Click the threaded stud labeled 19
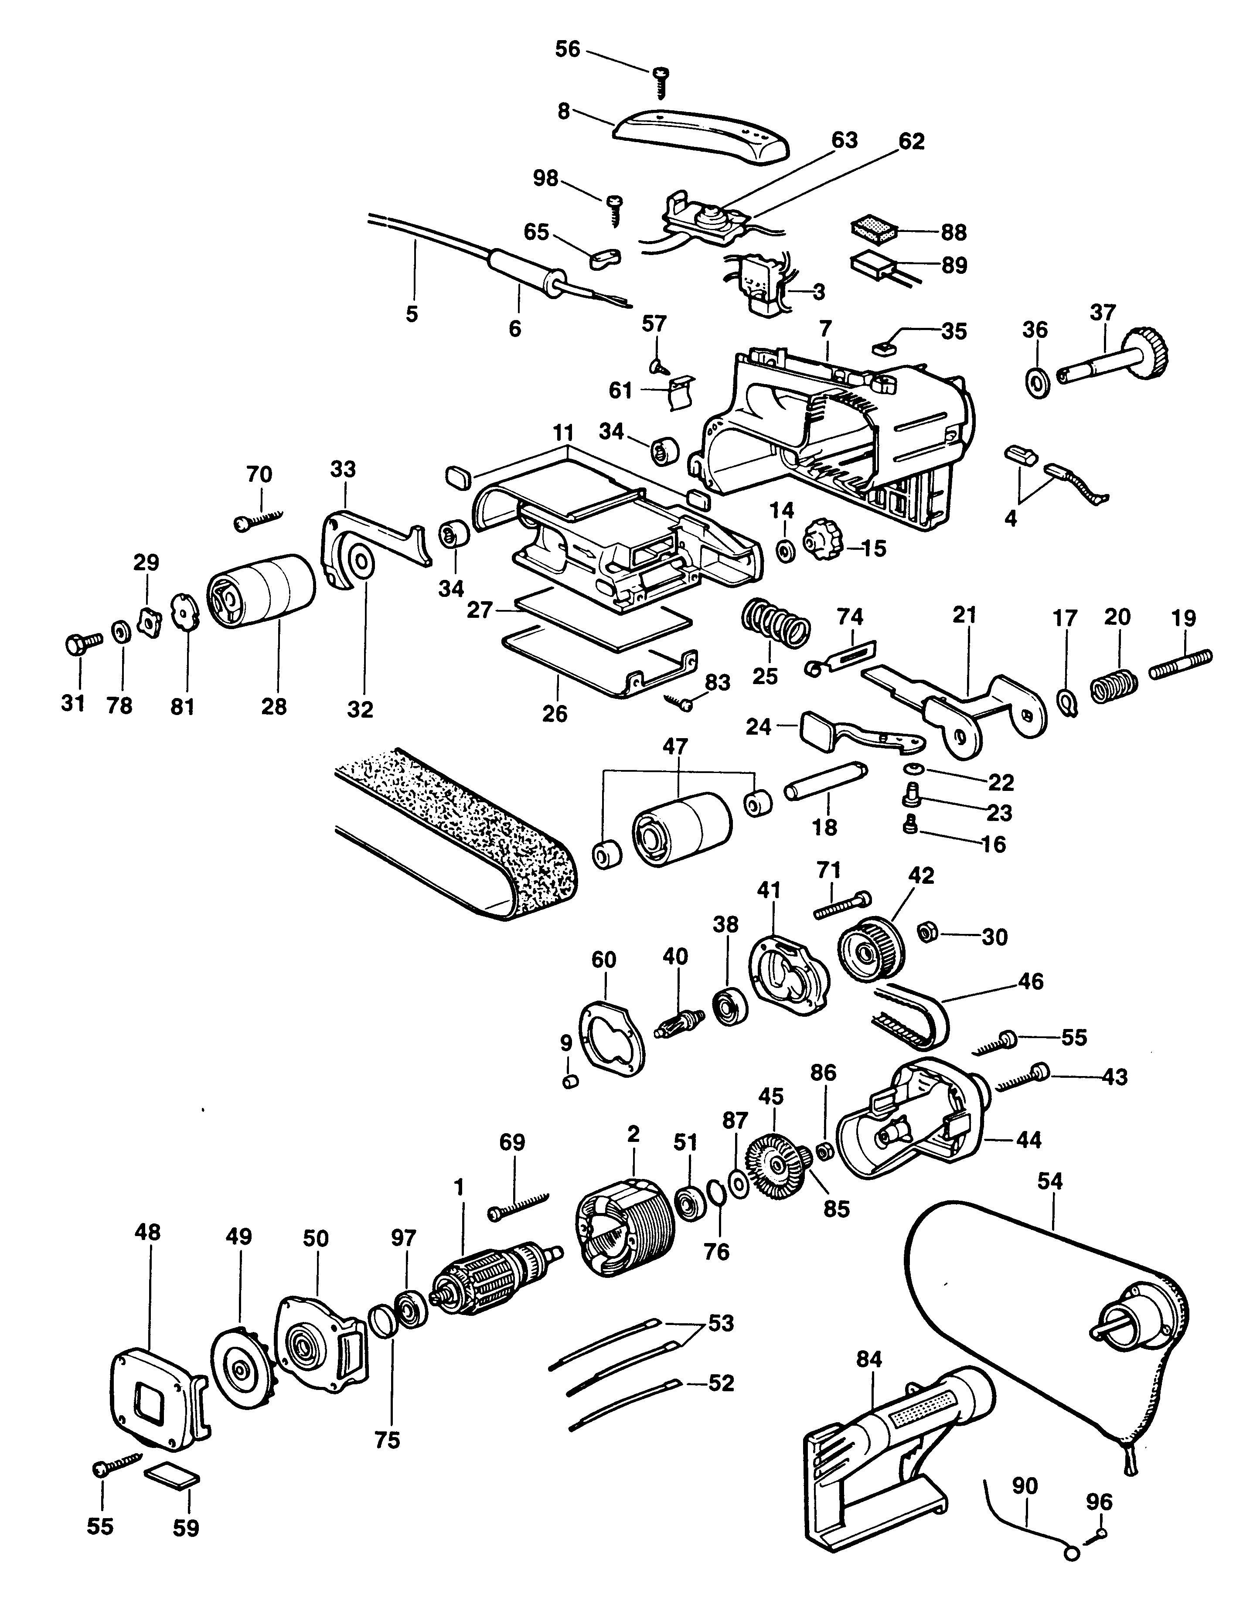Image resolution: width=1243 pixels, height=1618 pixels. point(1181,663)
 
